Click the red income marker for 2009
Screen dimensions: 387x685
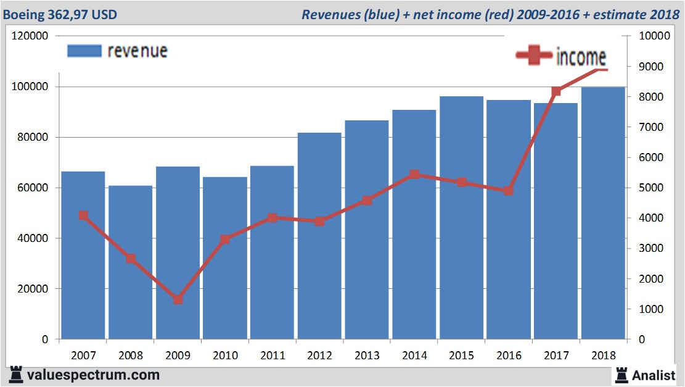tap(178, 299)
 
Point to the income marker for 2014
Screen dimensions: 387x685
tap(414, 175)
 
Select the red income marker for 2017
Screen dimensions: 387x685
tap(556, 91)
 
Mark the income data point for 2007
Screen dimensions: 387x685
tap(83, 215)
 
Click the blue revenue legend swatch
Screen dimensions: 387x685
tap(83, 51)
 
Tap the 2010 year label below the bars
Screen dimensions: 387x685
tap(224, 356)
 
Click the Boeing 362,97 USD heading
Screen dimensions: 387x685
tap(59, 14)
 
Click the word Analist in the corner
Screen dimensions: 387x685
tap(656, 375)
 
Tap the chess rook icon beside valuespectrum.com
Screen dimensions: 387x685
tap(15, 374)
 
